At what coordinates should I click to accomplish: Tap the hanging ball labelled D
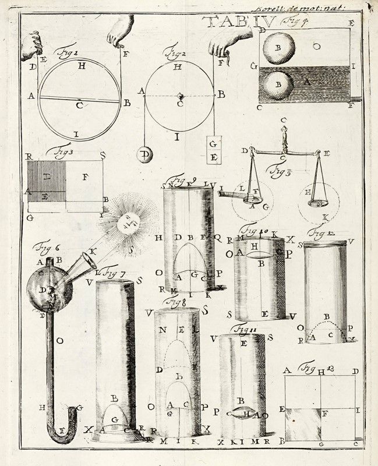pyautogui.click(x=143, y=156)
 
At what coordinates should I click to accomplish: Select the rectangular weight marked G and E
pyautogui.click(x=214, y=150)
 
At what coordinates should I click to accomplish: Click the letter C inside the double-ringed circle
pyautogui.click(x=79, y=106)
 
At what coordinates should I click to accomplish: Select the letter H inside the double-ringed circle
pyautogui.click(x=82, y=66)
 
